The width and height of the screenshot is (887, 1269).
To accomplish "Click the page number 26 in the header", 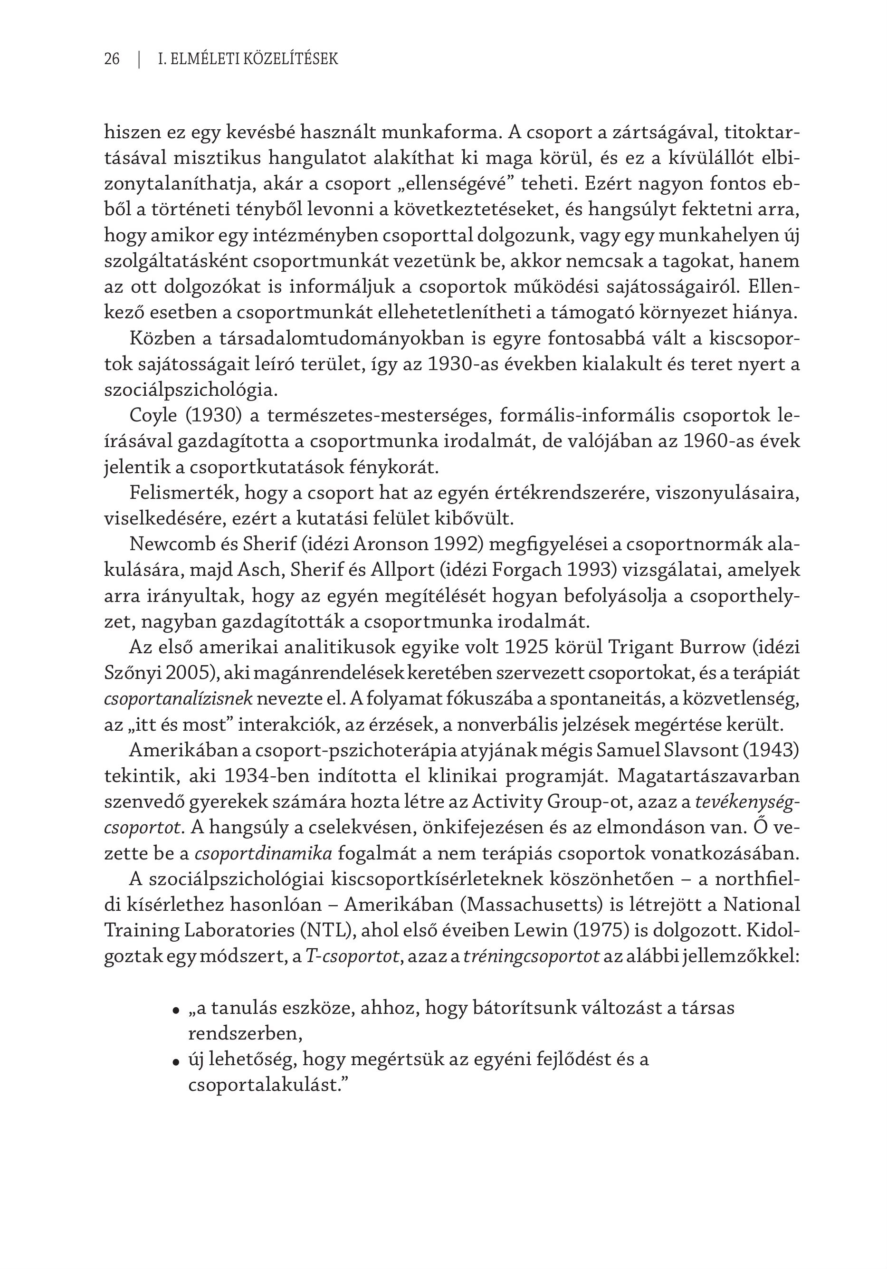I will tap(112, 59).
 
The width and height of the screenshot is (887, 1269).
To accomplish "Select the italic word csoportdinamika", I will tap(263, 853).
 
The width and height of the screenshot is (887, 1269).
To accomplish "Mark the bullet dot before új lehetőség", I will tap(176, 1062).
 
